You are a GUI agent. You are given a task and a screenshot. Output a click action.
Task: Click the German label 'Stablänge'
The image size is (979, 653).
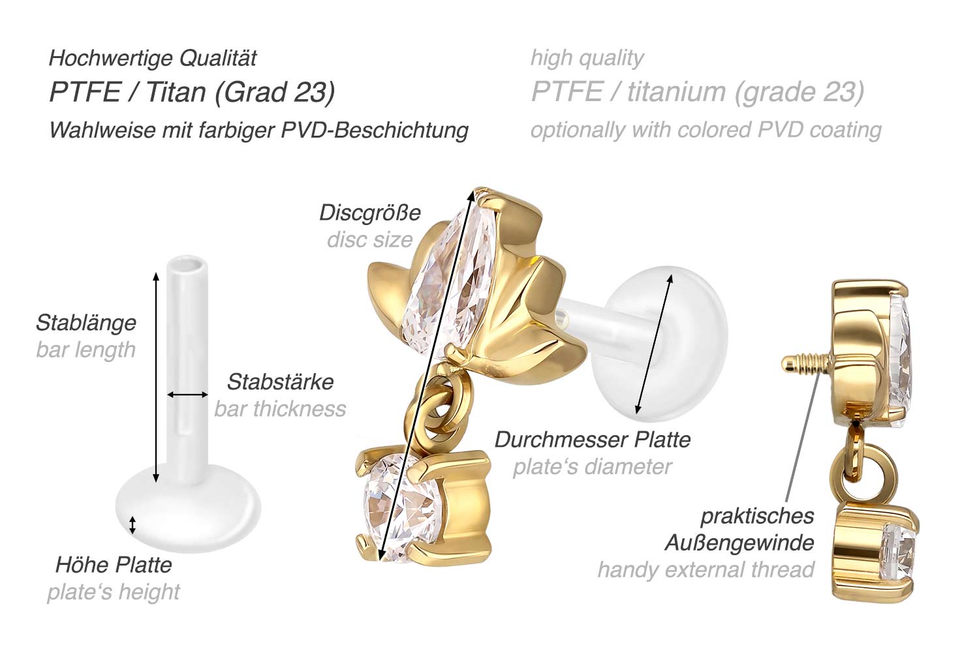[86, 323]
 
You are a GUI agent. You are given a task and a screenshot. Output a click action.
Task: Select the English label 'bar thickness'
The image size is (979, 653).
[280, 409]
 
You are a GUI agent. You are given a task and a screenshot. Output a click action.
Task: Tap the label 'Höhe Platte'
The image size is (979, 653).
[114, 565]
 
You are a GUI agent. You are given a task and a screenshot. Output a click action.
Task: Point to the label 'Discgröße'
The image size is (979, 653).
[370, 213]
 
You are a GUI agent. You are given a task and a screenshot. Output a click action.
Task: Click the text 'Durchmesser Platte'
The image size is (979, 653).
[592, 440]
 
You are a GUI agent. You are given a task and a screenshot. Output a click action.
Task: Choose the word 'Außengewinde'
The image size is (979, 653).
[739, 543]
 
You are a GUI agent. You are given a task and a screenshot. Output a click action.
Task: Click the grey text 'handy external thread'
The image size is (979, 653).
[706, 569]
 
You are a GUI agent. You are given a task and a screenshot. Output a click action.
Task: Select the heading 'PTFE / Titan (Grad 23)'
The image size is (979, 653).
[193, 92]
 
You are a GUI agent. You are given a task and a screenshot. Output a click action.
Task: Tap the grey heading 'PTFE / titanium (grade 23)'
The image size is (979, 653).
[698, 92]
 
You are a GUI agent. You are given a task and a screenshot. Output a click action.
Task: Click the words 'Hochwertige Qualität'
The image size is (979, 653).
[153, 58]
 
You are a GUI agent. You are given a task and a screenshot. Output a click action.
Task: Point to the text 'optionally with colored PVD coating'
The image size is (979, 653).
[706, 130]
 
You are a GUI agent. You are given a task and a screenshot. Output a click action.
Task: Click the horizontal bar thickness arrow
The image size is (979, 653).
[187, 395]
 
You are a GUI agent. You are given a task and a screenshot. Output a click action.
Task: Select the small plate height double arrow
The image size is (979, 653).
[132, 525]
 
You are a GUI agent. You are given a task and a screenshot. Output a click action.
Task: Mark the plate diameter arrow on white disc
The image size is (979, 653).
[654, 344]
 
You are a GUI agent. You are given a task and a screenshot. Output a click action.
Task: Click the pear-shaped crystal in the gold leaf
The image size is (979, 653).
[446, 284]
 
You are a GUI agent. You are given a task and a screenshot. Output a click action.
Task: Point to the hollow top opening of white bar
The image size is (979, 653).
[187, 266]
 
